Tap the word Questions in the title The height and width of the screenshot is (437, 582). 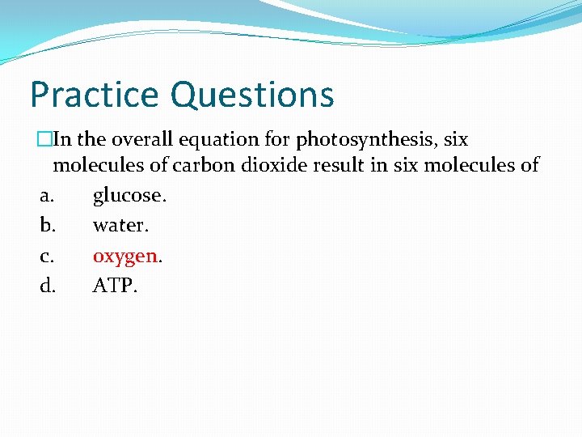pos(252,95)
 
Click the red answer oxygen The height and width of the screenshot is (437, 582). pos(125,257)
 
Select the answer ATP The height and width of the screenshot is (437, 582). pos(115,285)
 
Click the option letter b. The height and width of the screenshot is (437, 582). pos(47,226)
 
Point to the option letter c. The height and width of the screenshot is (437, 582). pos(46,257)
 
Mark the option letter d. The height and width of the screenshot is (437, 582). pos(47,285)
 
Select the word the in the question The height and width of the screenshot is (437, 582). pos(93,140)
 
